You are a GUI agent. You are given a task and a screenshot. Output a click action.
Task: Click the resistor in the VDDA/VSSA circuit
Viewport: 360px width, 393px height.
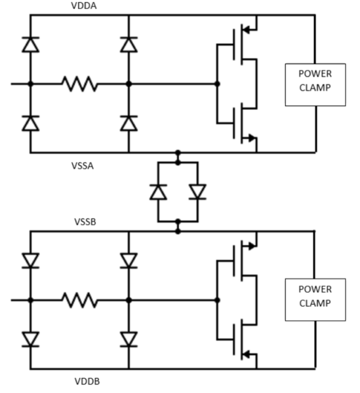coord(79,84)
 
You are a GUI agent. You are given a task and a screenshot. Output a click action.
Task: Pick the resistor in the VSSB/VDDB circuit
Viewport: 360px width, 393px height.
coord(79,300)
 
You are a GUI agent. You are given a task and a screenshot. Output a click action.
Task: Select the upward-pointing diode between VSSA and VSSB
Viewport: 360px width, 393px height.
coord(157,192)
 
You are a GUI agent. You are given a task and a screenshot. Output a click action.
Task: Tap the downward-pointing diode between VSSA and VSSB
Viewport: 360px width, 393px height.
coord(197,192)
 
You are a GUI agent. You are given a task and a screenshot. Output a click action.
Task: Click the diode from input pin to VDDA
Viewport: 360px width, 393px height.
coord(30,45)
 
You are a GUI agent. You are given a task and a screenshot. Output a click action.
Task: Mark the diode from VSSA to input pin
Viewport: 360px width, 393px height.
coord(30,123)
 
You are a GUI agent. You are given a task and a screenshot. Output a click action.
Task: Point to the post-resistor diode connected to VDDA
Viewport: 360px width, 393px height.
coord(129,45)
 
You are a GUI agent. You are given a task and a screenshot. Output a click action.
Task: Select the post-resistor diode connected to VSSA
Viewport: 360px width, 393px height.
coord(129,123)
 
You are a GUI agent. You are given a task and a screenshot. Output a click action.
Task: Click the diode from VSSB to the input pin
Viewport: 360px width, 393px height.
coord(30,261)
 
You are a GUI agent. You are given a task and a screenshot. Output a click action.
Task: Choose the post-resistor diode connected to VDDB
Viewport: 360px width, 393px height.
coord(129,339)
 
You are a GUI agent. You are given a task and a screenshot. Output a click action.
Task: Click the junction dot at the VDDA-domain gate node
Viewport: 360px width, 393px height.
coord(218,84)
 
